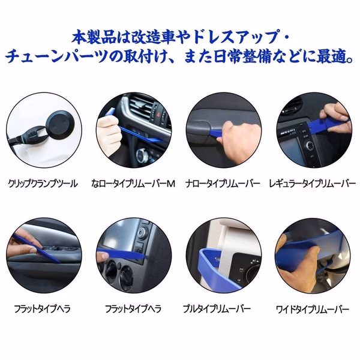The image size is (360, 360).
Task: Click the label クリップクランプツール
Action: tap(43, 184)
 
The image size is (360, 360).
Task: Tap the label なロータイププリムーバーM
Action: tap(133, 184)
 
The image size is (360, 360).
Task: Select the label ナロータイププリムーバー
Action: tap(223, 184)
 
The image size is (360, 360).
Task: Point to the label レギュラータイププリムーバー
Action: tap(312, 184)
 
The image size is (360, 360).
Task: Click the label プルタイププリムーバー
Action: tap(217, 309)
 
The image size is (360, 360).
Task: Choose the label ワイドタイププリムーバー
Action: tap(312, 310)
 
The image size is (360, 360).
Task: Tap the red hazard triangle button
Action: tap(158, 114)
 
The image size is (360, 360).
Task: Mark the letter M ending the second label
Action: tap(170, 184)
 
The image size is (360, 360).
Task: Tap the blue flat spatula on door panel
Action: tap(37, 248)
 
